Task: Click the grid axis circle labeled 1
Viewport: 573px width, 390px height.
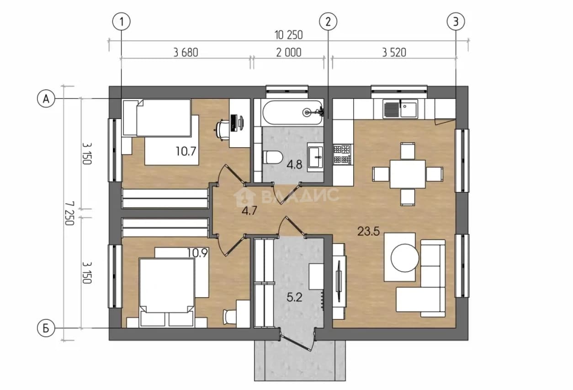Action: tap(121, 22)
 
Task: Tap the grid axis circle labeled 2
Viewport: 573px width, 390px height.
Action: tap(328, 22)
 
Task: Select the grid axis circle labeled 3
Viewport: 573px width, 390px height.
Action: tap(456, 22)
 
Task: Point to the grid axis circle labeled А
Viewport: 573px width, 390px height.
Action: tap(46, 98)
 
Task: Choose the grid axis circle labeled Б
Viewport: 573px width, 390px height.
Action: tap(46, 328)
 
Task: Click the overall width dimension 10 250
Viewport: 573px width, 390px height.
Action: tap(288, 35)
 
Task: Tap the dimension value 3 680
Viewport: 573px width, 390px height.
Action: tap(186, 53)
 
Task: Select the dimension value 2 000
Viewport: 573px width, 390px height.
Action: tap(289, 53)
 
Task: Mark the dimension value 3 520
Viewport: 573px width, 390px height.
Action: tap(394, 53)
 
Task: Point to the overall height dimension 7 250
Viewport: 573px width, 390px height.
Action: tap(69, 213)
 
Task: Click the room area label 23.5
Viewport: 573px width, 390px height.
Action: tap(368, 231)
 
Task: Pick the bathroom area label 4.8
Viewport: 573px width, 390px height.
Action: tap(294, 165)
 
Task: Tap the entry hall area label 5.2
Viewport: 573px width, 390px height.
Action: tap(294, 297)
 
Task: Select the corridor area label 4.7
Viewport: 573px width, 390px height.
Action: tap(249, 211)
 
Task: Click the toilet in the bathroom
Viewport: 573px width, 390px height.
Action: tap(273, 157)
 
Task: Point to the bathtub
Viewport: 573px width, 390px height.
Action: tap(292, 112)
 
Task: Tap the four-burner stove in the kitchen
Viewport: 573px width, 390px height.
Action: tap(342, 155)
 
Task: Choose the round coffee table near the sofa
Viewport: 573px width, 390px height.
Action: tap(405, 258)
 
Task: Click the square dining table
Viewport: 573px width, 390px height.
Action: tap(408, 174)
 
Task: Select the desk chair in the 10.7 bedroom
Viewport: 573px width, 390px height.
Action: tap(222, 130)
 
